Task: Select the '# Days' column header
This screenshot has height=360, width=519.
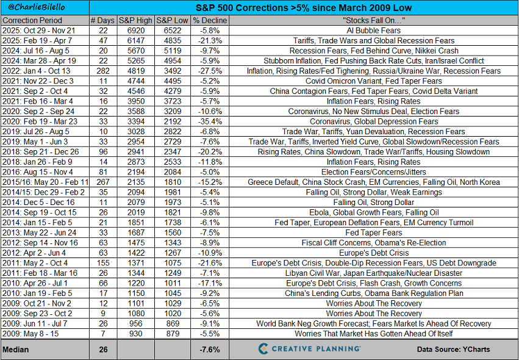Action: coord(102,20)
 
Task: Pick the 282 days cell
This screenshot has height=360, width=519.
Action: coord(102,71)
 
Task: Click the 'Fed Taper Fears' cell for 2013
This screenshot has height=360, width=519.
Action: coord(374,232)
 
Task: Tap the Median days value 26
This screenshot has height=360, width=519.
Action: coord(102,349)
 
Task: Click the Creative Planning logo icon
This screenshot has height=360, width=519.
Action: coord(263,349)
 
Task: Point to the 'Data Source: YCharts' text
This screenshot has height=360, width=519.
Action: coord(454,350)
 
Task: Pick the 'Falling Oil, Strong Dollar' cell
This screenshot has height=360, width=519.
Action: coord(374,202)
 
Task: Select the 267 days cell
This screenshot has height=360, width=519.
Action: coord(102,182)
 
